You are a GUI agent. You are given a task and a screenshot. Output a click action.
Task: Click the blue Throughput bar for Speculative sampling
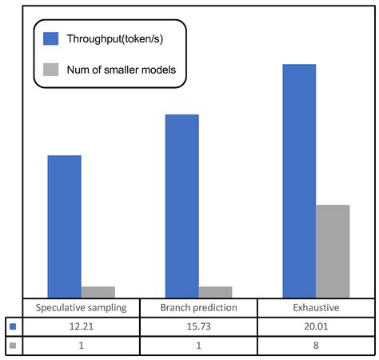tap(64, 226)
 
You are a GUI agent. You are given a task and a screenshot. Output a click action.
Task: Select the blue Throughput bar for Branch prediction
tap(182, 206)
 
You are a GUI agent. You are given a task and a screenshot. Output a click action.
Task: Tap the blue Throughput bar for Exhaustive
tap(299, 180)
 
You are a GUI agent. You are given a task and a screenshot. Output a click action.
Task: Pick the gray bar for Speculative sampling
tap(98, 292)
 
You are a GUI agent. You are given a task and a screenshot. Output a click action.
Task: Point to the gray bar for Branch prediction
tap(216, 292)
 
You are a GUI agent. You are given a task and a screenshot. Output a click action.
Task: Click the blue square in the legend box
tap(52, 38)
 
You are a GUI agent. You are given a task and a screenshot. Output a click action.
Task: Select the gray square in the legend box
tap(52, 70)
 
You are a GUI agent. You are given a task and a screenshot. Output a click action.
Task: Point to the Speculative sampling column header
tap(82, 308)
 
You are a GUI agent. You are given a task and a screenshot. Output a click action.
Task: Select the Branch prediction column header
tap(198, 308)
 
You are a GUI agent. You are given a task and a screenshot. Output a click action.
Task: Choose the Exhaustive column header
tap(316, 308)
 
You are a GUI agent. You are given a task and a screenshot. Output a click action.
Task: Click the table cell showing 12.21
tap(82, 326)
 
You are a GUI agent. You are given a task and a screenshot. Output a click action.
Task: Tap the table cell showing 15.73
tap(198, 326)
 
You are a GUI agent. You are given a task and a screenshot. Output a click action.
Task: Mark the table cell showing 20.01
tap(316, 326)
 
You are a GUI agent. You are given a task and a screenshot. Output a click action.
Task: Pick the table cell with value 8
tap(316, 345)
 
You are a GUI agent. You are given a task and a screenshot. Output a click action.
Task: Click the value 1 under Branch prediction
tap(198, 345)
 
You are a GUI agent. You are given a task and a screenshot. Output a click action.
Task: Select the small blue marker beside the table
tap(12, 326)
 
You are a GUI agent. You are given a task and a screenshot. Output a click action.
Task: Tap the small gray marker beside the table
tap(12, 345)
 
